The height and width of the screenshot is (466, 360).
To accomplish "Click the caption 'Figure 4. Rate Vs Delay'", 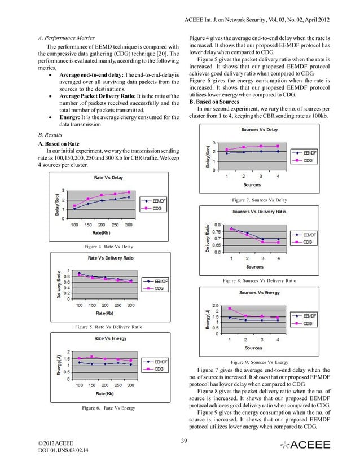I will [x=108, y=246].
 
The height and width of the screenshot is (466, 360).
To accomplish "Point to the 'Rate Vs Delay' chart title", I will [x=109, y=178].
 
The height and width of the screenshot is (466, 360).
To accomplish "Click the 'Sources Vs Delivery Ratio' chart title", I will [x=259, y=211].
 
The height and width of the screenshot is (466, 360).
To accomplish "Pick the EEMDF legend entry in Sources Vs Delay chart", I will [x=309, y=152].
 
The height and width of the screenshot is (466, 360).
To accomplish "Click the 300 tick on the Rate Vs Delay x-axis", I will [x=129, y=225].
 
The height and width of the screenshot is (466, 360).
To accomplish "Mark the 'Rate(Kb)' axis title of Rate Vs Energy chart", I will [x=105, y=393].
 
